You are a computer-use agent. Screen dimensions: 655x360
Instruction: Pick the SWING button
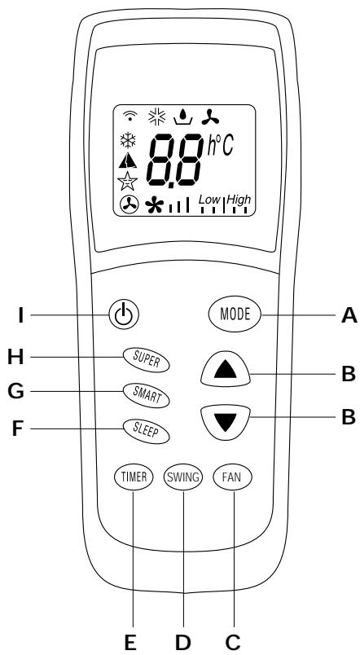point(182,477)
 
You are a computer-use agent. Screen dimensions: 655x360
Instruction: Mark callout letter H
point(13,358)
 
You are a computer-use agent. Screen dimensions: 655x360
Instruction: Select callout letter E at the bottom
point(129,640)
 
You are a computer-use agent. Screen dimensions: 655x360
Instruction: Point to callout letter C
point(233,640)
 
